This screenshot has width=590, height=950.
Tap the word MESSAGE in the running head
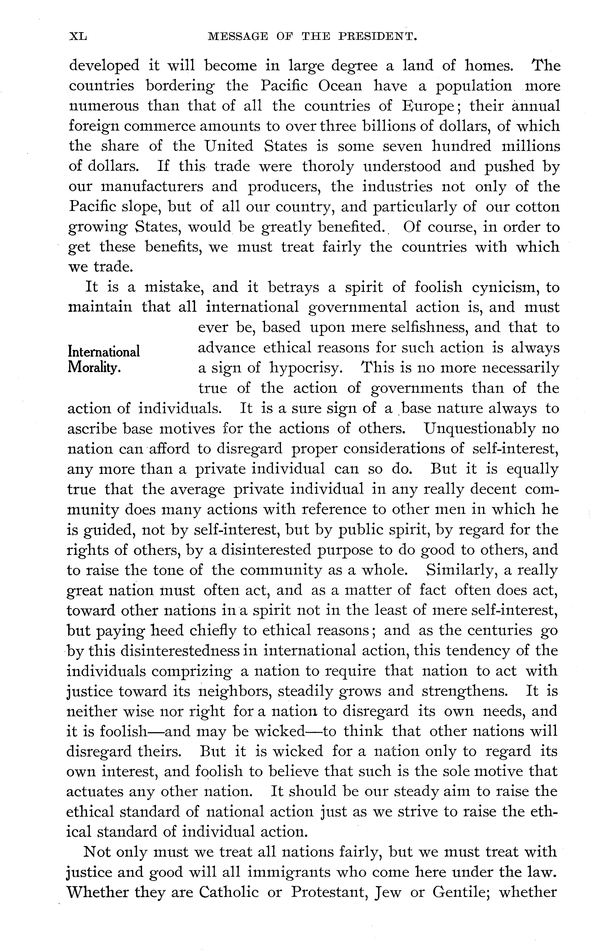click(x=238, y=37)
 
